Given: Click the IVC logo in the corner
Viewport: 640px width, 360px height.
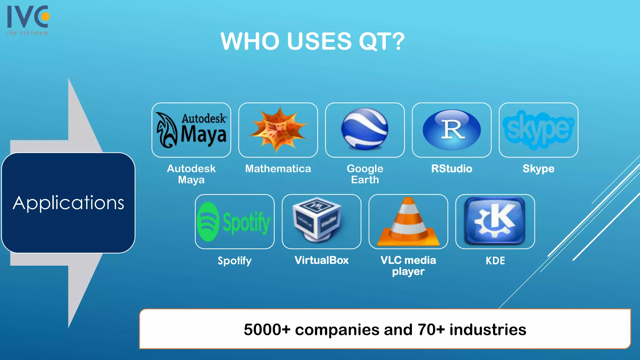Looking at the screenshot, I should pos(28,20).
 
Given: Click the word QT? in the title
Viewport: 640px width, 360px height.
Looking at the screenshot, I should pos(382,42).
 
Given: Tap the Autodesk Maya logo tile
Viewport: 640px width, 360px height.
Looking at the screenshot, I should pos(191,130).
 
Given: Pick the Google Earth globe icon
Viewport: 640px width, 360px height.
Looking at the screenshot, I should pos(365,129).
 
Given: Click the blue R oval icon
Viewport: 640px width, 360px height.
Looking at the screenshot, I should pos(452,130).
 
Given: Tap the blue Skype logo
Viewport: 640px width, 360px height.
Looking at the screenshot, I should pos(538,129).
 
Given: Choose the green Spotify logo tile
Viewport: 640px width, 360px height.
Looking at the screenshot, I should pos(234,222).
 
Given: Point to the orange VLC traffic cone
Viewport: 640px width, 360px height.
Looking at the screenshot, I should pos(408,222).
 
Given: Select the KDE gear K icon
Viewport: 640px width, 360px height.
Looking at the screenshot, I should pos(495,221).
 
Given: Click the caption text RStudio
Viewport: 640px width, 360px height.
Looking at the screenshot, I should pos(452,169).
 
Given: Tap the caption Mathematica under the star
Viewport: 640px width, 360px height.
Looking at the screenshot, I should pos(278,169).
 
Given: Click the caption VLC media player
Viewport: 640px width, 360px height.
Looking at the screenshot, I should pos(408,266).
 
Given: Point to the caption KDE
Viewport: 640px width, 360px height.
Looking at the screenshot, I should pos(495,261).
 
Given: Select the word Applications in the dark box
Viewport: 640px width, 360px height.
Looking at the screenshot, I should pos(68,203).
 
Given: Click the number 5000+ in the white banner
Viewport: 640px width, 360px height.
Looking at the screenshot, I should pos(267,330).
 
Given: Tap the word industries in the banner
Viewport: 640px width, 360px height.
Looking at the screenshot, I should pos(488,330).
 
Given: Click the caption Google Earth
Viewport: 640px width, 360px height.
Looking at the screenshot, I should pos(365,174).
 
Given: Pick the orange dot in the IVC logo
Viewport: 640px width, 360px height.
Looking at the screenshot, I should pos(46,16).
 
